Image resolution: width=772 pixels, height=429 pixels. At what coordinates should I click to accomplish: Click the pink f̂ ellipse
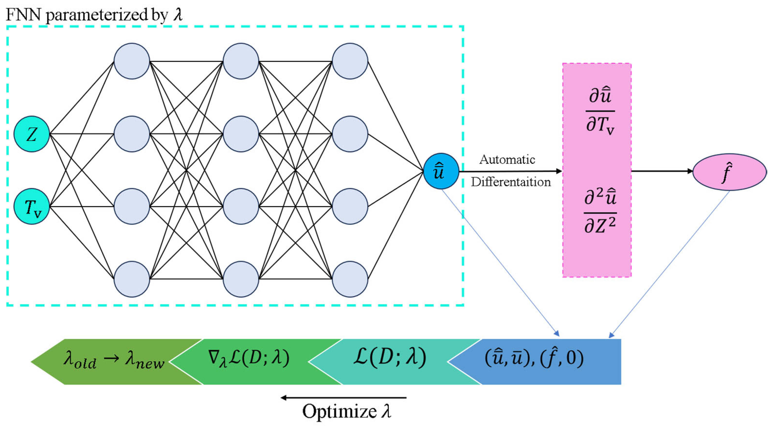click(729, 172)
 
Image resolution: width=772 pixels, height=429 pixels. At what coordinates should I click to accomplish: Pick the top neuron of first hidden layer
click(132, 61)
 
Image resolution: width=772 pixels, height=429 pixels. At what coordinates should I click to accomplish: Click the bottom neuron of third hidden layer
click(350, 279)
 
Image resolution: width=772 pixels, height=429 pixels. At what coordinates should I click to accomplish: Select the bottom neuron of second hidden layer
click(241, 279)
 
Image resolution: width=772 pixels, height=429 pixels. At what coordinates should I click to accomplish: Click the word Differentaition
click(511, 182)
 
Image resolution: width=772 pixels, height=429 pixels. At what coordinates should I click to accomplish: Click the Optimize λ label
click(346, 411)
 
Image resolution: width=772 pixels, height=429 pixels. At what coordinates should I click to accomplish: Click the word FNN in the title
click(23, 14)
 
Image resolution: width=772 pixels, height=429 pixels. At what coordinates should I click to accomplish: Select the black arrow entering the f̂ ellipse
click(662, 171)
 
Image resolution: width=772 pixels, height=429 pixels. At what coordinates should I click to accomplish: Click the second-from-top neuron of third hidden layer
click(350, 134)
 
